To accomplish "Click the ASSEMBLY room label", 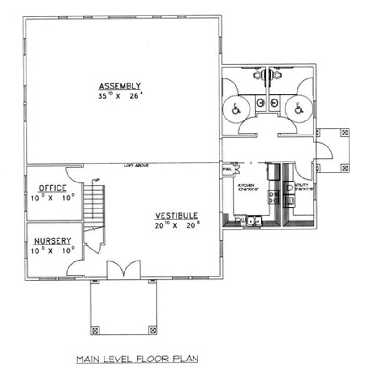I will [120, 86].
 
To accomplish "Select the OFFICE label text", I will [52, 188].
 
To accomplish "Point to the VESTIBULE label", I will [176, 215].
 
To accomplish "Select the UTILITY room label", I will [302, 185].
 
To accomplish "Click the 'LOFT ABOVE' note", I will [136, 166].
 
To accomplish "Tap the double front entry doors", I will [123, 270].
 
